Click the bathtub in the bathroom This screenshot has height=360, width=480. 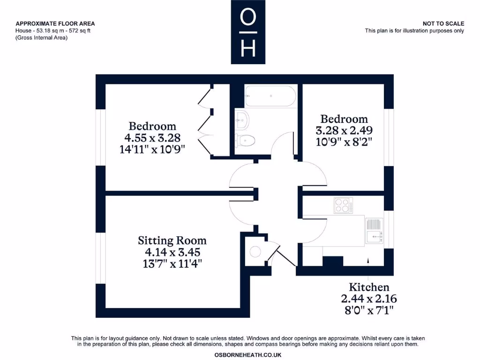coord(270,97)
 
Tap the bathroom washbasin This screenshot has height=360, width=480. coord(242,120)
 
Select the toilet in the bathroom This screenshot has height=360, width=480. coord(245,140)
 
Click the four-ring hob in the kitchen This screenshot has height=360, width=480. coord(344,205)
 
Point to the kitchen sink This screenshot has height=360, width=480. coord(374,230)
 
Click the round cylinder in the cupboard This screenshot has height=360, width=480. coord(255,252)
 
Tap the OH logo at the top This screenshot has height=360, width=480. coord(248,32)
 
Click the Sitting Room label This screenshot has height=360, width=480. coord(172,241)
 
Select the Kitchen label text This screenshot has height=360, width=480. coord(369,287)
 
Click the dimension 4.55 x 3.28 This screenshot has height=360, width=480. coord(152,138)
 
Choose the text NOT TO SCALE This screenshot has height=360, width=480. coord(443,23)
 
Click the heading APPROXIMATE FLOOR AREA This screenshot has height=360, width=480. coord(55,23)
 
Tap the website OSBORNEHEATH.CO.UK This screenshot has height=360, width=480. coord(247,355)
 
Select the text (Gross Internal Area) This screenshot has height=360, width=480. coord(42,38)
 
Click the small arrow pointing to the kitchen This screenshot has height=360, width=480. coord(368,259)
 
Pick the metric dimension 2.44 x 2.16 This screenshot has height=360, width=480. coord(369,299)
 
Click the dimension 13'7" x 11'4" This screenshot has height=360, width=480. coord(172,264)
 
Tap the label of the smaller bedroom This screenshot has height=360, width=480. coord(344,119)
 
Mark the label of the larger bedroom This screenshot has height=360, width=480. coord(152,126)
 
